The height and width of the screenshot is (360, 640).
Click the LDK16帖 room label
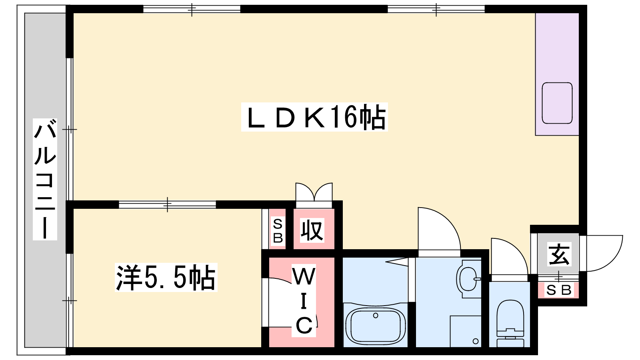pos(314,117)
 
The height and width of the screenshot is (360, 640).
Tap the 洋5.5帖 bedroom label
pos(166,278)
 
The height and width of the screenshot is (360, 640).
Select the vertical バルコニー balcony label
pos(45,179)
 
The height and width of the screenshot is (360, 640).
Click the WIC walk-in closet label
pos(304,300)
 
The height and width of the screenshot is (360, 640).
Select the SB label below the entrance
pos(558,290)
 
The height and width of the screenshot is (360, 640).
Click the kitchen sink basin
pos(557,103)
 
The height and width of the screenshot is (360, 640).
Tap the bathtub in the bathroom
pos(376,325)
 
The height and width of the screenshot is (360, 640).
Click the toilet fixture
pos(510,323)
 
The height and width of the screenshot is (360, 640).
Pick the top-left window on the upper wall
pos(192,9)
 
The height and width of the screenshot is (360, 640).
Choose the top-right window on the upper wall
pos(436,9)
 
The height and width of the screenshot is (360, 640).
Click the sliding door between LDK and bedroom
pos(168,204)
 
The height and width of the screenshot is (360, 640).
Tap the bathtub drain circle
pos(376,316)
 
